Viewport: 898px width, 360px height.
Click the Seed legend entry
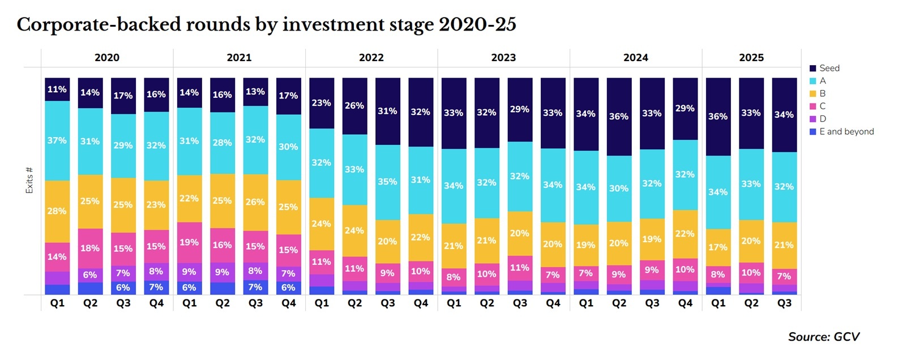(x=829, y=68)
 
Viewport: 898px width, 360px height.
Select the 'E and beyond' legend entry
(x=846, y=131)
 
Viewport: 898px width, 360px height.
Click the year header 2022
(x=371, y=58)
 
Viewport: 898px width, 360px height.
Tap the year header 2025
(x=751, y=58)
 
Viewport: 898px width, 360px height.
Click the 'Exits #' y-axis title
(x=29, y=180)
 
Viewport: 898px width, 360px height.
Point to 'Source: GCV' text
(x=823, y=337)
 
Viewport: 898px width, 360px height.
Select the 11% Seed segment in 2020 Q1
(x=57, y=89)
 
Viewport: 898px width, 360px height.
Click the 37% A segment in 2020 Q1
(x=57, y=140)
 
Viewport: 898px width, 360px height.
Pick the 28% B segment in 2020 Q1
(x=57, y=211)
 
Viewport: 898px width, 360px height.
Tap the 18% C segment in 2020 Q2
(x=90, y=248)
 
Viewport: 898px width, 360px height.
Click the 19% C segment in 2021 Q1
(x=189, y=242)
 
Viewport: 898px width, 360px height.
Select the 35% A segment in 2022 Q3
(x=387, y=182)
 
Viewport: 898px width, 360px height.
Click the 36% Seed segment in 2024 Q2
(x=618, y=117)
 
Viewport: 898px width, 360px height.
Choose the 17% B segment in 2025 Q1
(x=718, y=247)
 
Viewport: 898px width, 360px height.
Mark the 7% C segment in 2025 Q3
(x=784, y=276)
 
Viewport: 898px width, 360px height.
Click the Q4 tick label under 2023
(x=553, y=303)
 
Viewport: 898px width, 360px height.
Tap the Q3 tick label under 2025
(x=784, y=303)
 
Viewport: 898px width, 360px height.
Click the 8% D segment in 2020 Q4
(x=156, y=271)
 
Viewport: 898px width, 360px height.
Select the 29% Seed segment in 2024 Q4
(x=685, y=109)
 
